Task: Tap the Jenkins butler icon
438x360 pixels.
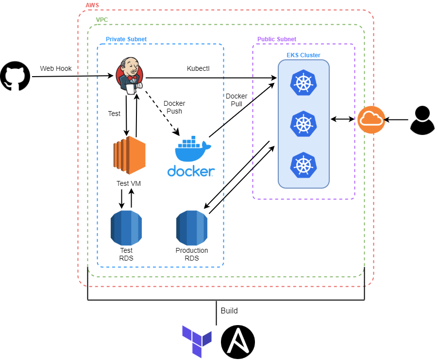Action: pos(130,75)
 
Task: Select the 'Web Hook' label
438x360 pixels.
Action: pos(56,68)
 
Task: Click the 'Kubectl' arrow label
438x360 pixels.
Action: pos(198,68)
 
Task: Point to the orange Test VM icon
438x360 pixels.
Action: pos(129,155)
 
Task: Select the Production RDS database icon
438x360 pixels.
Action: pos(192,228)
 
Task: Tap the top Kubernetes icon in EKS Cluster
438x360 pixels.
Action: pos(303,82)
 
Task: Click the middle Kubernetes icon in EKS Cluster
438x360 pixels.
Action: pos(303,124)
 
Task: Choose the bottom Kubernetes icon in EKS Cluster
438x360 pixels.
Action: pos(303,165)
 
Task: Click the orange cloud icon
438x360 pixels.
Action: pos(371,119)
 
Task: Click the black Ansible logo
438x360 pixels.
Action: pos(238,342)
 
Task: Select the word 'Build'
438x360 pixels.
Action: pos(229,311)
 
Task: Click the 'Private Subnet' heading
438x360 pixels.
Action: pos(126,39)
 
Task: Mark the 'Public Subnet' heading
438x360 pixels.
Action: pos(277,39)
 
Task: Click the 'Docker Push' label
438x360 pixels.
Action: pos(174,107)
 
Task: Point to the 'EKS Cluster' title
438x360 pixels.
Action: pos(303,55)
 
